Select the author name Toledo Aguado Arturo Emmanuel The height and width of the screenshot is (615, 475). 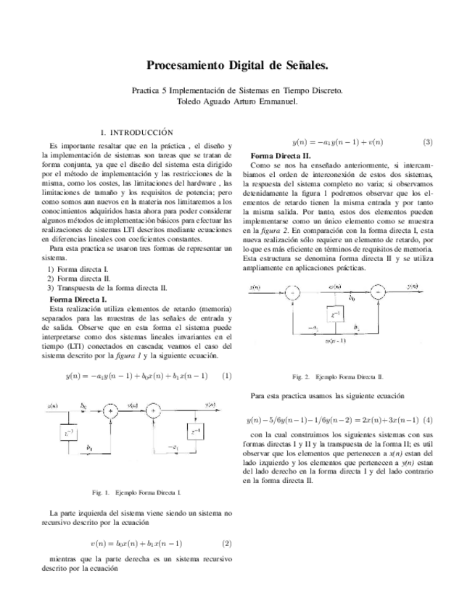[x=237, y=102]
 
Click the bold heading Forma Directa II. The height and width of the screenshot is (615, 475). [x=281, y=156]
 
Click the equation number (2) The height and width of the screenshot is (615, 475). [x=226, y=542]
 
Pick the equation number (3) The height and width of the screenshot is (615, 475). [x=428, y=142]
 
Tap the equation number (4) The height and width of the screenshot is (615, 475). [x=428, y=420]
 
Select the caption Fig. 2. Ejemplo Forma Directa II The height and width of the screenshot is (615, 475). [x=337, y=377]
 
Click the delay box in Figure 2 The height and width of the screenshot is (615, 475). [x=334, y=314]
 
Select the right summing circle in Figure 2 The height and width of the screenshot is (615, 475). [x=378, y=292]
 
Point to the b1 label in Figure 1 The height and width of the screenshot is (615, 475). [x=88, y=449]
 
